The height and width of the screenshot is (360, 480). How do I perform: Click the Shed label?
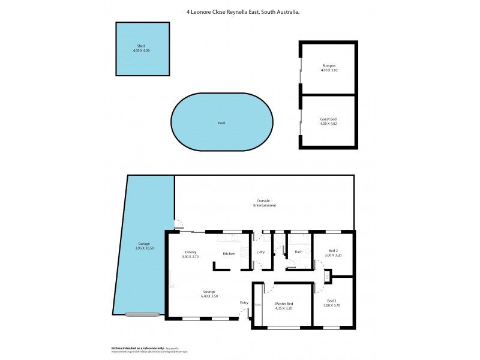coord(141,46)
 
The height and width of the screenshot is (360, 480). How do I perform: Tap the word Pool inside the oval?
coord(221,123)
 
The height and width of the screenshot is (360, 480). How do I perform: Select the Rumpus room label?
coord(328,65)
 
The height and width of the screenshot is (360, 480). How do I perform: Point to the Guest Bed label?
coord(328,119)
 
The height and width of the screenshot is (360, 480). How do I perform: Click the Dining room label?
coord(190,252)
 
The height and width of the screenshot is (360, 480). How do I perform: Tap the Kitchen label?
coord(229,254)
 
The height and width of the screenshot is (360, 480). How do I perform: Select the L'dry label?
coord(261,252)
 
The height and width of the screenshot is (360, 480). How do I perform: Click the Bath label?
coord(298,252)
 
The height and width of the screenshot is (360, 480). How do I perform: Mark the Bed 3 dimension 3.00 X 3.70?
coord(332,305)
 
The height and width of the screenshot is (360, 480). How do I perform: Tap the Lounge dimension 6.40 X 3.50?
coord(209,296)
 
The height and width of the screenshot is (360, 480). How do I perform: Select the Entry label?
coord(244,302)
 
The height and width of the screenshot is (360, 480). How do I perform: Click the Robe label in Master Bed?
coord(258,305)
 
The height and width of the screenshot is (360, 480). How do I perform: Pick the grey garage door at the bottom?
coord(143,314)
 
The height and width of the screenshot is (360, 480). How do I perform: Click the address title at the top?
coord(239,11)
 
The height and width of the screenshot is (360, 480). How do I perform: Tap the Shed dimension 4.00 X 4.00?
coord(141,50)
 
